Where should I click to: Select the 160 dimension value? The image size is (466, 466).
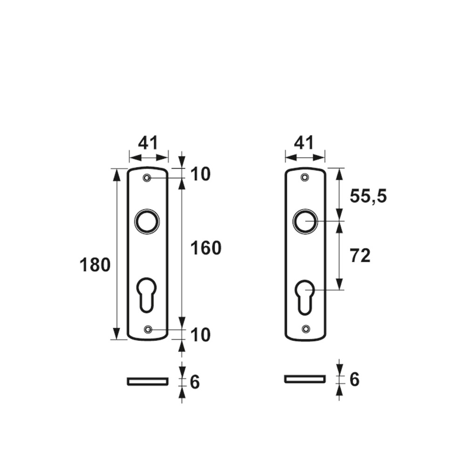[206, 248]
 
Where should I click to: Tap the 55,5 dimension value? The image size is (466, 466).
[368, 197]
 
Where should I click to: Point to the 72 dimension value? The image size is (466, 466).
[360, 255]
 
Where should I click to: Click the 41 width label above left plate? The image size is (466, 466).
[148, 143]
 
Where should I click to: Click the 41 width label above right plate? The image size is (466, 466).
[304, 143]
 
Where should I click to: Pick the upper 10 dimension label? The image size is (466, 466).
[200, 174]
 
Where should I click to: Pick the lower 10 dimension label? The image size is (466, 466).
[200, 335]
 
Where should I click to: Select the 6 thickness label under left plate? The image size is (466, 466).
[195, 382]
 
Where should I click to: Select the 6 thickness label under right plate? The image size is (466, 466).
[354, 379]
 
